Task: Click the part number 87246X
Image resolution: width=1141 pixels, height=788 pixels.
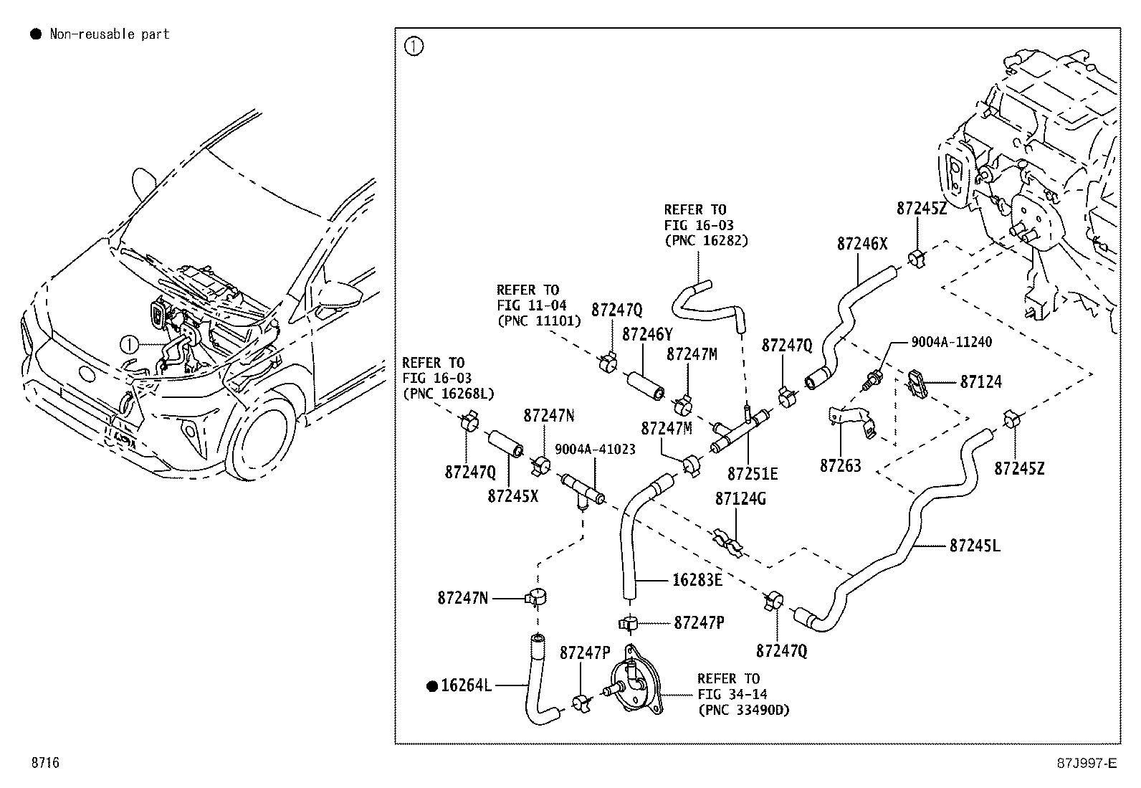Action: point(861,244)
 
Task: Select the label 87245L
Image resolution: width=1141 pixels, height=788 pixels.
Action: point(974,546)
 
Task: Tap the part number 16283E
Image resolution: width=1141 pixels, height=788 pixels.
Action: point(697,579)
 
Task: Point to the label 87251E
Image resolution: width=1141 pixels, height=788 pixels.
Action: point(752,474)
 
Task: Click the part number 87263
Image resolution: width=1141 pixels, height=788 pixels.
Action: point(840,466)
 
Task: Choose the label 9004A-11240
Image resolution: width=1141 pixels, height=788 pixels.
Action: point(951,342)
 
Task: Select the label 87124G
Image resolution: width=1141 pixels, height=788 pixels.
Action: point(740,498)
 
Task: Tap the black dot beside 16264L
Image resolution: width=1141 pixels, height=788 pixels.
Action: point(431,686)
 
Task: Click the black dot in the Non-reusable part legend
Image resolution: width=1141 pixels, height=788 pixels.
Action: point(35,34)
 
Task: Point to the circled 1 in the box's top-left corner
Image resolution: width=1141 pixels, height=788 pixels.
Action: point(414,47)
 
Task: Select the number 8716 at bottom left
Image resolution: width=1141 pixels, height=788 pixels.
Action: point(44,763)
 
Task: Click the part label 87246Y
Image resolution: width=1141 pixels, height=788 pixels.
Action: point(647,334)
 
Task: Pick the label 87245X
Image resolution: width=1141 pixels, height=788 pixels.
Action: point(512,495)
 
